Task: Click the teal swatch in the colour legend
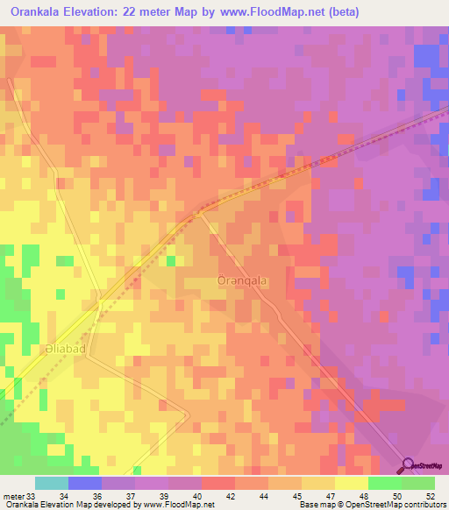point(51,483)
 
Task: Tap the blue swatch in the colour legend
point(84,483)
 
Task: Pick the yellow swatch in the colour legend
point(351,483)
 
